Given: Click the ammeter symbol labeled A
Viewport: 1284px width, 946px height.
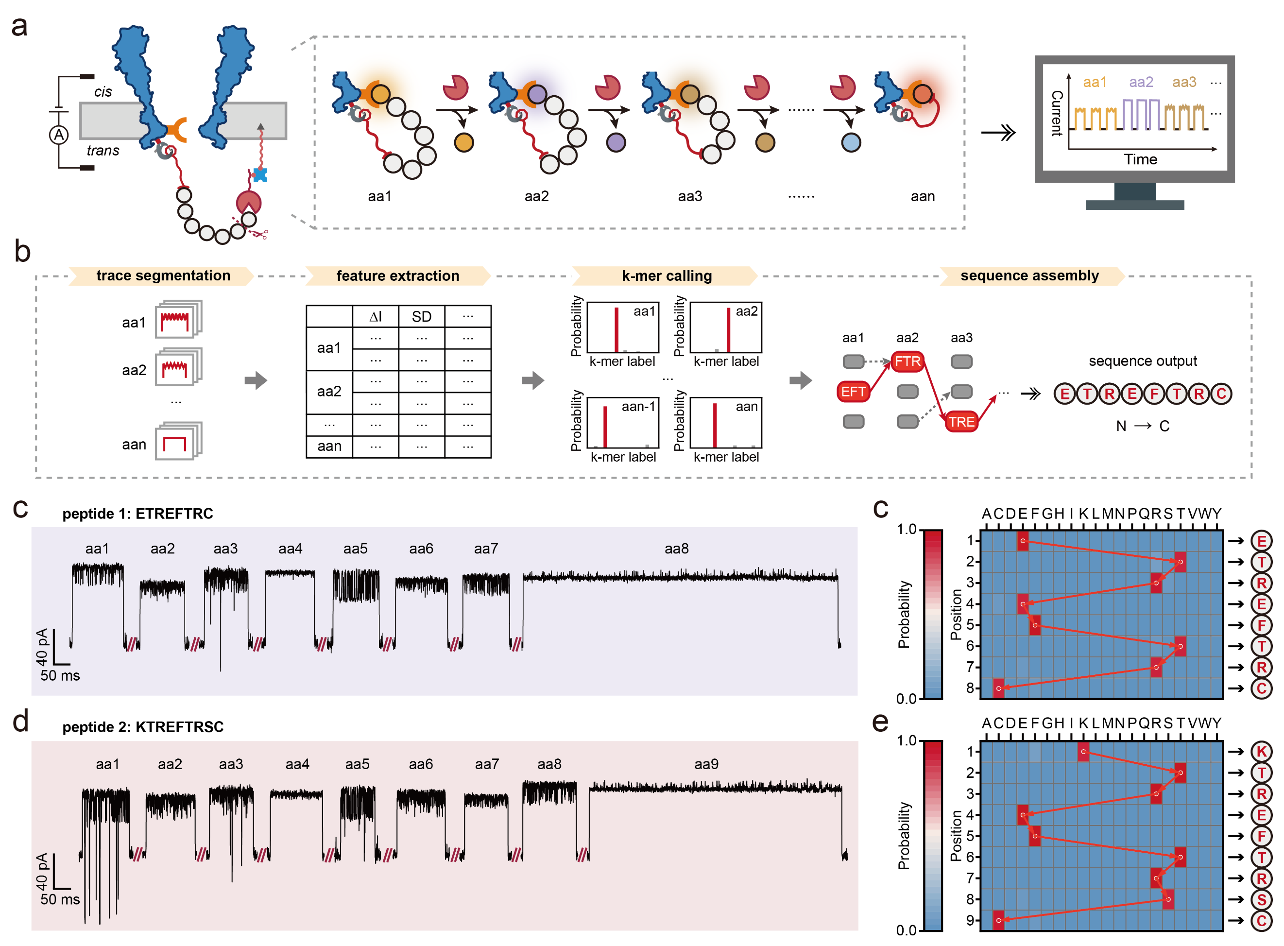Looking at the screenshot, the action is point(58,135).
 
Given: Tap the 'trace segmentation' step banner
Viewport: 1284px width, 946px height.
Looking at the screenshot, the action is point(163,275).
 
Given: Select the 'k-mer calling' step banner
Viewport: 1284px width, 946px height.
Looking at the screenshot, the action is point(667,275).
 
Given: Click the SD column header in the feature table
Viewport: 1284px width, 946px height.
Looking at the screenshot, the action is point(421,317).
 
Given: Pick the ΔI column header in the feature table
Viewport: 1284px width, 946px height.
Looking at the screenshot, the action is point(376,317).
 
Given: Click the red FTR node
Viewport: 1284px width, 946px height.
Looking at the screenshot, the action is point(907,361).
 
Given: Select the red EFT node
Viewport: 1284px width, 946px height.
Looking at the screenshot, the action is point(853,392).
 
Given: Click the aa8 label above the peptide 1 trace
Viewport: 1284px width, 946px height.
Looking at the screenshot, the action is point(676,549).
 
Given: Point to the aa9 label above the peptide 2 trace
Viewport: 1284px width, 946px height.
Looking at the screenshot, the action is point(706,764).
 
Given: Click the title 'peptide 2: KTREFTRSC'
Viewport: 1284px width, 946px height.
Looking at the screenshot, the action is point(143,727).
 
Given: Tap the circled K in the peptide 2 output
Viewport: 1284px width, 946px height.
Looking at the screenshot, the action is point(1261,751).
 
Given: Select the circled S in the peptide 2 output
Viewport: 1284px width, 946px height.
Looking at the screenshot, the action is point(1261,900).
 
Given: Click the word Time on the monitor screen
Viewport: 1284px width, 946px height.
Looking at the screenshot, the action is point(1140,159).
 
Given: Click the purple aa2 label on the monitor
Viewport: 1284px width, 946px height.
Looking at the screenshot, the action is point(1140,82).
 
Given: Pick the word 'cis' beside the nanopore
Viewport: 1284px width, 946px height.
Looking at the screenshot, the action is point(103,92).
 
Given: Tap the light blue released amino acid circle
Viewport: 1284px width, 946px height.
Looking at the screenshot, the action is point(851,142).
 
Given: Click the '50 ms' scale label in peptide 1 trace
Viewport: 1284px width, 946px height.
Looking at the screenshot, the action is point(60,675).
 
